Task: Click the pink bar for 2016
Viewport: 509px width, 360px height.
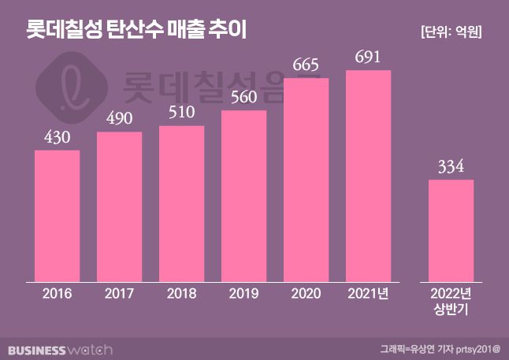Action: point(58,215)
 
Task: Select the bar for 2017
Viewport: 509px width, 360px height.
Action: point(120,206)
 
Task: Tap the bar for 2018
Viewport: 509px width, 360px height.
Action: point(182,203)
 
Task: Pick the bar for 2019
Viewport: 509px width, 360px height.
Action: point(244,195)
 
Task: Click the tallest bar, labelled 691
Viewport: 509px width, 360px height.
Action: point(369,175)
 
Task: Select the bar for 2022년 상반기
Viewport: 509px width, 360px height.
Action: point(451,230)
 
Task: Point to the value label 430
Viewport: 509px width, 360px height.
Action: point(58,138)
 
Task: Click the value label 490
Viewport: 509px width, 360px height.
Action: point(120,120)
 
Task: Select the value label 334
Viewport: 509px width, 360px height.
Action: point(451,167)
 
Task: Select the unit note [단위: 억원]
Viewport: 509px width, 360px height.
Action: point(451,32)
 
